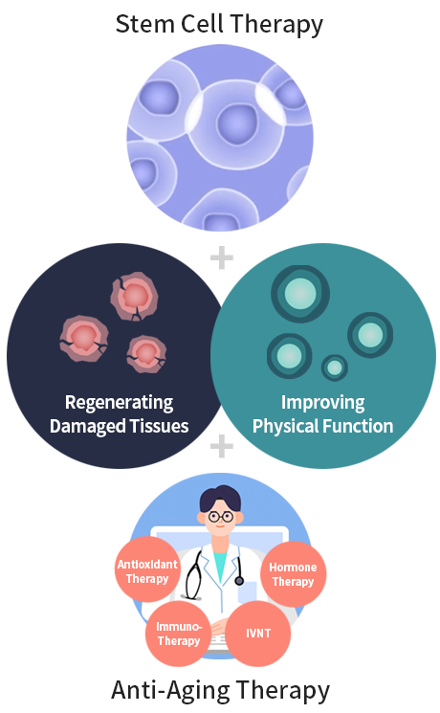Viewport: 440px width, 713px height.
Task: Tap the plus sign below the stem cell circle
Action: [x=222, y=257]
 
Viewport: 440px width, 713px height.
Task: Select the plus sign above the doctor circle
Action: [x=222, y=446]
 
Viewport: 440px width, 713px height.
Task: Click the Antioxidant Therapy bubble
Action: [x=147, y=569]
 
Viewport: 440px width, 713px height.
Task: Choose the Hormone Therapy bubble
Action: [x=294, y=574]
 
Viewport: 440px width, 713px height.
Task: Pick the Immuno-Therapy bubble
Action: [x=179, y=634]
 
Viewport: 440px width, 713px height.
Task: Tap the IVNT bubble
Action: [x=258, y=634]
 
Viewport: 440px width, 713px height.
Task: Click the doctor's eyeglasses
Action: [x=220, y=517]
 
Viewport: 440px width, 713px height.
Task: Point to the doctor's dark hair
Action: [x=220, y=498]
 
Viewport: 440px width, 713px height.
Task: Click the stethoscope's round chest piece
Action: [x=239, y=581]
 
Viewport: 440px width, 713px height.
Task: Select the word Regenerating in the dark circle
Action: [x=120, y=403]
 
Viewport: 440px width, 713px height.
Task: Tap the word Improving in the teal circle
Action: [x=322, y=403]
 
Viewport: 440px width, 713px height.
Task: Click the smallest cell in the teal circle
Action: [x=335, y=368]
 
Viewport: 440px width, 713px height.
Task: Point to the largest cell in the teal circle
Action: [x=300, y=294]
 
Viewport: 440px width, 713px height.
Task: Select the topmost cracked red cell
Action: [x=135, y=297]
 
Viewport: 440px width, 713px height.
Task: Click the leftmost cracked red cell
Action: [x=83, y=339]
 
